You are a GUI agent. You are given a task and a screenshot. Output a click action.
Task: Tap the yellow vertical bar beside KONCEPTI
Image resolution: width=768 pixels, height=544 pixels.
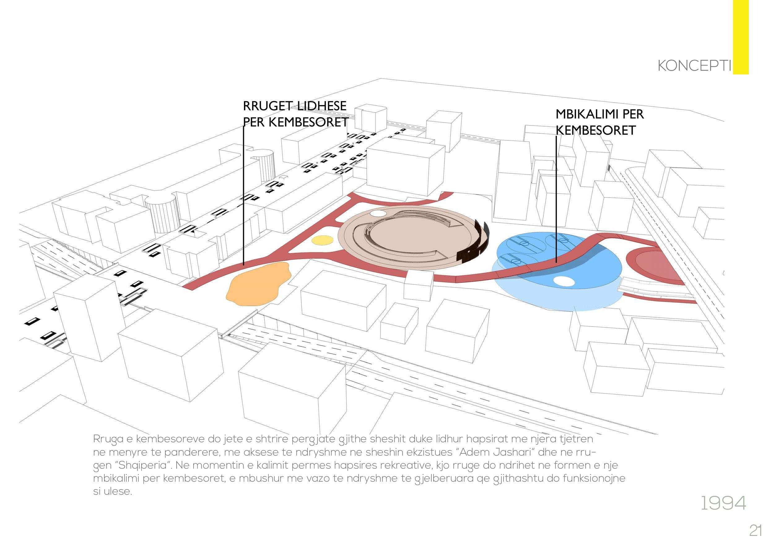coord(740,37)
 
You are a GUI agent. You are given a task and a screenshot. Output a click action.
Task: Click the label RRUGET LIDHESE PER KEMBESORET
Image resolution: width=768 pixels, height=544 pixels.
coord(295,114)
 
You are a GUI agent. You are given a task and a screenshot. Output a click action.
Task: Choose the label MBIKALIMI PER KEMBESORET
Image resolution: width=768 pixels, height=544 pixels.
coord(600,122)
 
